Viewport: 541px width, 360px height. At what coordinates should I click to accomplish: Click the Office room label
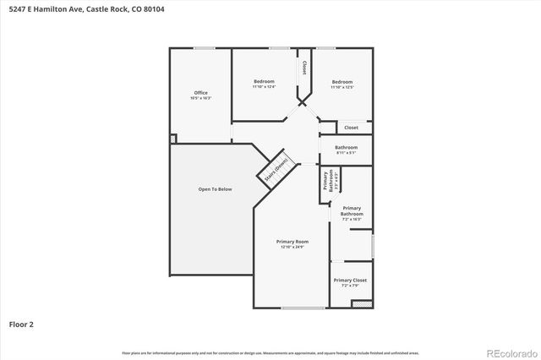(200, 93)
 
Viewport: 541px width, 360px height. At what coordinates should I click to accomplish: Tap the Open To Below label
(215, 189)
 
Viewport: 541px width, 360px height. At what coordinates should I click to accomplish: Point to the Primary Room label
(292, 242)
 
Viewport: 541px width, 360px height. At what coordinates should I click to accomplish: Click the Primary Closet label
(350, 280)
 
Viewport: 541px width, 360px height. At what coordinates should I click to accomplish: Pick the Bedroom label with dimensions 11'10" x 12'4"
(264, 81)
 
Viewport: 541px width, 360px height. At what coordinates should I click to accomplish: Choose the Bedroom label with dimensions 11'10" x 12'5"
(342, 81)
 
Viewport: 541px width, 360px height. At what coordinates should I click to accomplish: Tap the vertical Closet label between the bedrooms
(303, 67)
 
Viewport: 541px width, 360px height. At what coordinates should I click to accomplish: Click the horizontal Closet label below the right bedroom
(351, 128)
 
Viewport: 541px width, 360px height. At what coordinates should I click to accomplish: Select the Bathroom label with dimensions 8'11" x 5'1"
(346, 148)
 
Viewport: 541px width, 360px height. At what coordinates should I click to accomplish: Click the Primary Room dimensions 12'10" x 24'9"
(292, 248)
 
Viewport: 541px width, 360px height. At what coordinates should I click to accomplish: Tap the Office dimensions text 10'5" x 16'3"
(200, 99)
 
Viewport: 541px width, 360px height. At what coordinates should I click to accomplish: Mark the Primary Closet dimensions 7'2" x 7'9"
(350, 286)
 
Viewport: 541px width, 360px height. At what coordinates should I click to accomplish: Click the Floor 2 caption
(21, 324)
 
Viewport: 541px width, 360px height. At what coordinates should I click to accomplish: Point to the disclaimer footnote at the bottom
(270, 352)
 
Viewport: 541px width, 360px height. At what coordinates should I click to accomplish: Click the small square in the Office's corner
(173, 139)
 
